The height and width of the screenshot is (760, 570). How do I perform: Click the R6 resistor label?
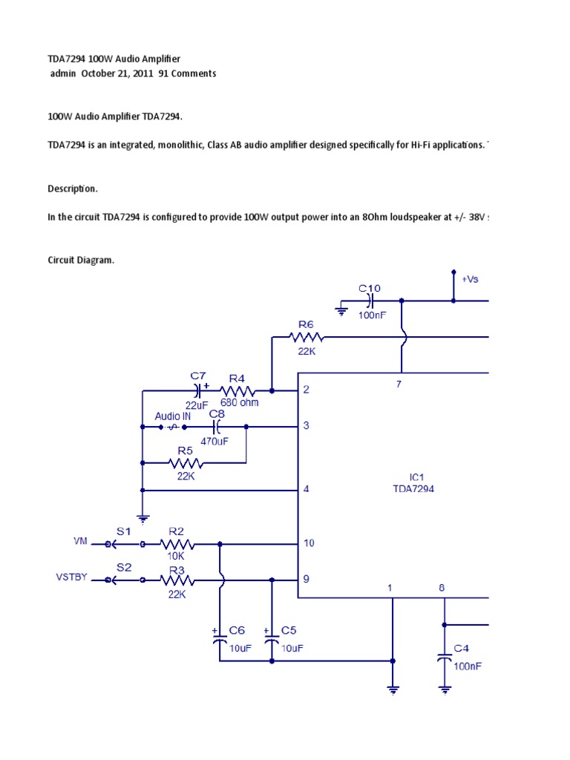point(307,324)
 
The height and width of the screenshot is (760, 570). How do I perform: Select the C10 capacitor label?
point(370,288)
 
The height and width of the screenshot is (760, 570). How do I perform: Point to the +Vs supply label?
point(471,279)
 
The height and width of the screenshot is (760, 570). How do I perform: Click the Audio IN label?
point(173,416)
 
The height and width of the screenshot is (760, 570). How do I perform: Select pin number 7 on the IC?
point(399,384)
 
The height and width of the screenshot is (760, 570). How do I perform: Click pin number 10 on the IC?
point(309,543)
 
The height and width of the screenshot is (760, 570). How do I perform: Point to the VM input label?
point(81,542)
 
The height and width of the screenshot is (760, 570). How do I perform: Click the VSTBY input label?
point(73,576)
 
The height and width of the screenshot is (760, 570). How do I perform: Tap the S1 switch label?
point(123,531)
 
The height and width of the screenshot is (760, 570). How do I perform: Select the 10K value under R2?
point(175,555)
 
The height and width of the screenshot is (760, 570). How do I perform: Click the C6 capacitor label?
point(237,630)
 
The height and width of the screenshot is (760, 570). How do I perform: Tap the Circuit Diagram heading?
point(81,261)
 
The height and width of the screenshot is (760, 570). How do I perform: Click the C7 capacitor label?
point(198,376)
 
